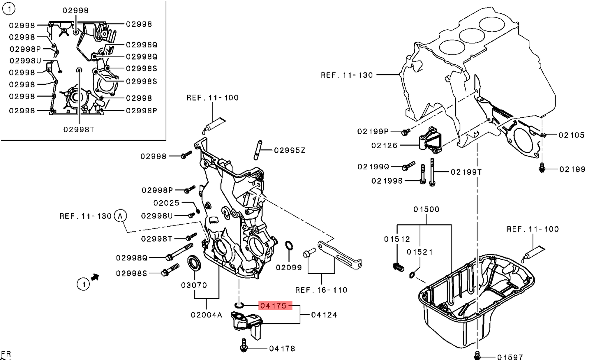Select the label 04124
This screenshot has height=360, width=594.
point(324,315)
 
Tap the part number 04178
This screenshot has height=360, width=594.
point(282,348)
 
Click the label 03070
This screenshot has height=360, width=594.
point(194,285)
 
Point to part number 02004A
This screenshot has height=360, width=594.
point(206,315)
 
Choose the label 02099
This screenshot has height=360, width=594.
point(289,267)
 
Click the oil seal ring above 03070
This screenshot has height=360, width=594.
point(195,263)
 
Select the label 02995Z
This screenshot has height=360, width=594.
point(290,150)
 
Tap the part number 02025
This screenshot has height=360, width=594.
point(166,203)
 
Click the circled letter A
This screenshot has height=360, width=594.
point(120,216)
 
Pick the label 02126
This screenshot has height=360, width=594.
point(384,146)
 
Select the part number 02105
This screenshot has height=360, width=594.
point(571,135)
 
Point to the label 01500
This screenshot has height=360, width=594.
point(426,210)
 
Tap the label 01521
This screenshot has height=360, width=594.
point(420,252)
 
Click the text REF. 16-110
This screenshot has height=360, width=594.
point(321,290)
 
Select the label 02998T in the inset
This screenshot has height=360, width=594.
point(79,129)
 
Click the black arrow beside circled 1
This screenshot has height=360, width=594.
point(95,277)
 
